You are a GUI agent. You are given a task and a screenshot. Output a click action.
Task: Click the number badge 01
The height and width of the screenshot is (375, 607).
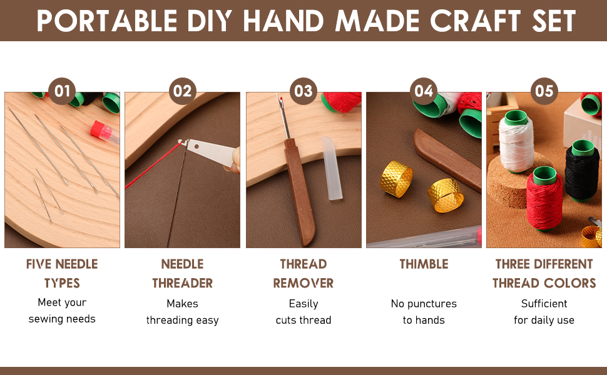(62, 91)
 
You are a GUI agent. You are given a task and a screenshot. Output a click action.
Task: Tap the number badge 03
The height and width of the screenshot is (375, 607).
(303, 91)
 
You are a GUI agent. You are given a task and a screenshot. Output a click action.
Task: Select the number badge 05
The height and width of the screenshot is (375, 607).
(544, 91)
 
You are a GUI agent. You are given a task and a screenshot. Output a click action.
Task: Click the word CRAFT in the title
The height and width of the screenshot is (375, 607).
(476, 21)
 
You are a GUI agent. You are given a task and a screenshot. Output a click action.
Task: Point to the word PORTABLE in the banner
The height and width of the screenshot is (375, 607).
(107, 21)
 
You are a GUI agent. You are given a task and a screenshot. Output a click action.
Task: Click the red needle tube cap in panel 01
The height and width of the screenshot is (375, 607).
(98, 129)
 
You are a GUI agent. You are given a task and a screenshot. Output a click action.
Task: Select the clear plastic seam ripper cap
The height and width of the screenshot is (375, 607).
(332, 168)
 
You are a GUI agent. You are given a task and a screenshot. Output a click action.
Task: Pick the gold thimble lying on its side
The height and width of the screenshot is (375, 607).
(446, 195)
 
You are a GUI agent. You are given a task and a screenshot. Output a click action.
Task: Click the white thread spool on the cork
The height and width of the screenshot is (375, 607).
(516, 141)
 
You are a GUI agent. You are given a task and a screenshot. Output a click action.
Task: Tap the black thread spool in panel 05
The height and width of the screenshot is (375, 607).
(582, 171)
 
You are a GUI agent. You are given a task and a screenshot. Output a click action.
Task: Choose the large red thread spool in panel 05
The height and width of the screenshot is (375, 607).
(544, 199)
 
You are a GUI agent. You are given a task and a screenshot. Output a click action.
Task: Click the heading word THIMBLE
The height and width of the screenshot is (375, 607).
(424, 264)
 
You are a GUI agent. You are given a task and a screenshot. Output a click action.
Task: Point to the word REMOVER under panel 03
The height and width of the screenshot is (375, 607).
(303, 283)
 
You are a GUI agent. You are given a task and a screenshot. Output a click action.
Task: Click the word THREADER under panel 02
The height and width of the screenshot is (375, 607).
(183, 283)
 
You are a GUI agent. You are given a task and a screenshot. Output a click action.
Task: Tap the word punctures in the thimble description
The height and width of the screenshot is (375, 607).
(432, 304)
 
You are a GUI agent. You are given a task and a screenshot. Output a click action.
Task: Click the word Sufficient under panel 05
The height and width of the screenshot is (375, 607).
(544, 304)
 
